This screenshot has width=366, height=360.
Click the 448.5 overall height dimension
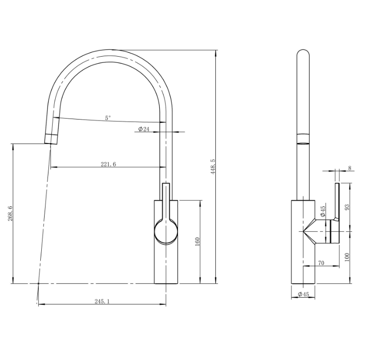pos(213,167)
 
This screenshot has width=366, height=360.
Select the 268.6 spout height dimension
pos(11,214)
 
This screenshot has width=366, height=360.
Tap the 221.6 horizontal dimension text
pos(108,164)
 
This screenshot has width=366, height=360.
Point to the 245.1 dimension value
pos(102,301)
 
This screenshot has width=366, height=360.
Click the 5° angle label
pos(107,118)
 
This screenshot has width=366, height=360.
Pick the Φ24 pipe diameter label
pos(144,129)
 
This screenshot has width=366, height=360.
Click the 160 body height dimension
pos(197,241)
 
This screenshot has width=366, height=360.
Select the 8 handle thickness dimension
pos(349,168)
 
